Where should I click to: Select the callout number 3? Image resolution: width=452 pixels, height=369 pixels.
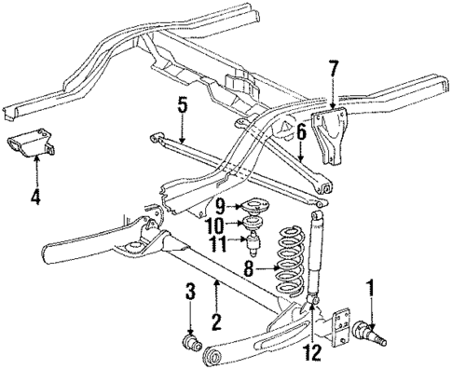tap(190, 293)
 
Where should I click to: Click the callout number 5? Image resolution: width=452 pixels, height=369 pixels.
tap(184, 106)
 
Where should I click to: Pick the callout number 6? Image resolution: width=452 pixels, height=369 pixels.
tap(301, 134)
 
